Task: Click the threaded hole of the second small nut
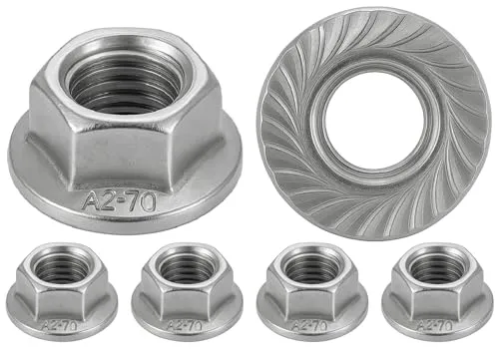click(x=186, y=268)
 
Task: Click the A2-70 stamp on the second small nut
click(x=186, y=325)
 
